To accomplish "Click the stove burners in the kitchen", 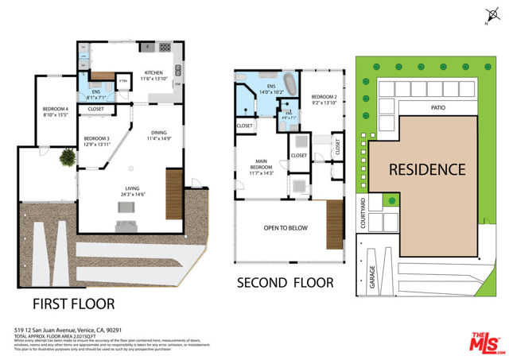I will click(167, 47).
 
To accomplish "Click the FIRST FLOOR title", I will click(73, 304).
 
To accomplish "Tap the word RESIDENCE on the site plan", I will click(426, 169).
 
